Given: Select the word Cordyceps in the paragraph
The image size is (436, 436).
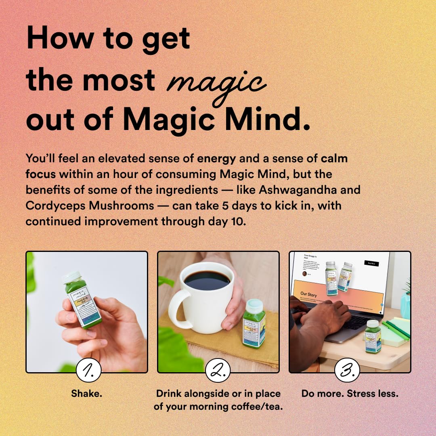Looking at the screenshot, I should (x=55, y=205).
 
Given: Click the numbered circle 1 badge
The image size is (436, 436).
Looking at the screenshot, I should (x=88, y=370).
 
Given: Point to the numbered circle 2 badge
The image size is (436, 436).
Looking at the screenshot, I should (x=218, y=370).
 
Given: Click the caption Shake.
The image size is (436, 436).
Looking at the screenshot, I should (x=86, y=393).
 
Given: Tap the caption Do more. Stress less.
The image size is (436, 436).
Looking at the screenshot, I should (x=350, y=393).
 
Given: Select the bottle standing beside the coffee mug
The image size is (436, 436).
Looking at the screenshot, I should (x=254, y=323).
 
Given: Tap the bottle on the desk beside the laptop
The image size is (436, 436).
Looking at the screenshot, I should (x=373, y=336).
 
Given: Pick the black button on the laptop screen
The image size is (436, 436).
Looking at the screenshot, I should (x=371, y=263).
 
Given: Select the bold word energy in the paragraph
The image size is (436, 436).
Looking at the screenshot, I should (x=216, y=158).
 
